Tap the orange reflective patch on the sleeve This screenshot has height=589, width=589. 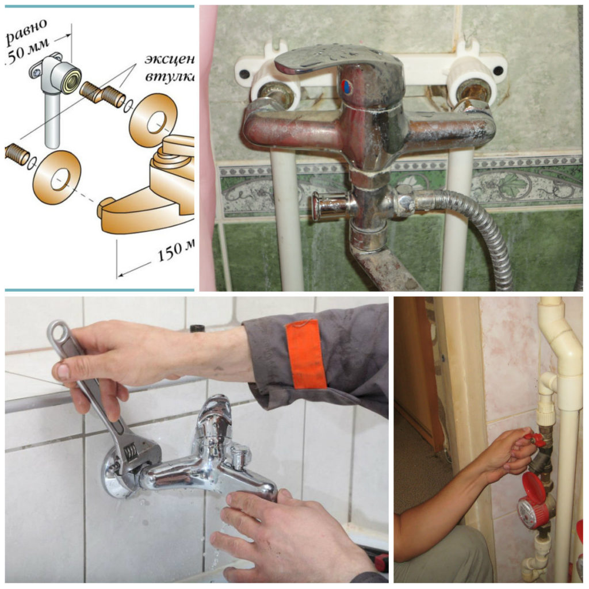(306, 354)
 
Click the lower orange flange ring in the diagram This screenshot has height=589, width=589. (56, 178)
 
